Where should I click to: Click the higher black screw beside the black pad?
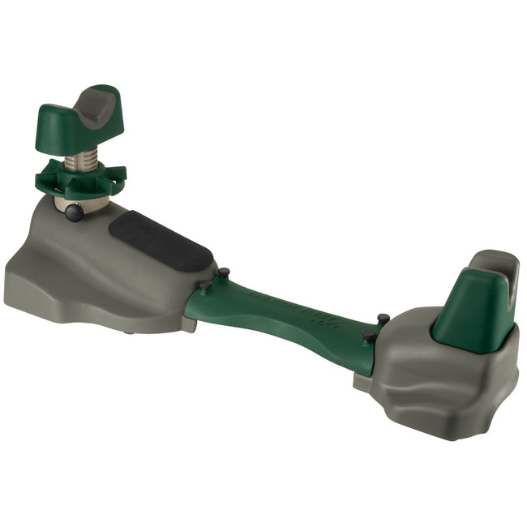(224, 274)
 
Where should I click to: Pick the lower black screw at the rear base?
(368, 334)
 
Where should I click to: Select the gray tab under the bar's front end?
(188, 324)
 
